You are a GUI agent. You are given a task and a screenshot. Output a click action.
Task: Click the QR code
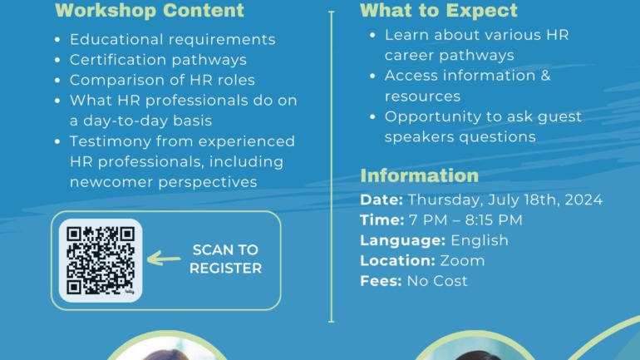click(101, 260)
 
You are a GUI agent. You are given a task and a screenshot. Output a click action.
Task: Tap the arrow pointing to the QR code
click(164, 259)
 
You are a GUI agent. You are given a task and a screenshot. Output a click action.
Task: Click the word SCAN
click(212, 249)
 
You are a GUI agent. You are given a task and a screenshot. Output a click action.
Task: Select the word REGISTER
click(226, 269)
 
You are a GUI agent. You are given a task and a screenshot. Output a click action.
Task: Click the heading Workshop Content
click(150, 10)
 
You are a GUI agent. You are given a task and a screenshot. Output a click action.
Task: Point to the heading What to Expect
click(439, 10)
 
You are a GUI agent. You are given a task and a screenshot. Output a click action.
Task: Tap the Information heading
click(420, 175)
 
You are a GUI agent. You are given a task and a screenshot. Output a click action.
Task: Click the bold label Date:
click(382, 200)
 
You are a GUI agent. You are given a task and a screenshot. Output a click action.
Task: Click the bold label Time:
click(382, 220)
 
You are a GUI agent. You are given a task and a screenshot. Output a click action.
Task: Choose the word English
click(480, 240)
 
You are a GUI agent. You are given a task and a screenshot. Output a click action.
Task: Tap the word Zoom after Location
click(462, 261)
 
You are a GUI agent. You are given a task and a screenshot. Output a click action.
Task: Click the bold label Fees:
click(381, 281)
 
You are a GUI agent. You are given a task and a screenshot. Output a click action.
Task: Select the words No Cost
click(437, 281)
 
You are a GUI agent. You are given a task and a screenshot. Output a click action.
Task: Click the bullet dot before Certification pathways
click(57, 61)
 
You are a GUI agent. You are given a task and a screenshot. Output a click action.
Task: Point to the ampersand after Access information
click(545, 76)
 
